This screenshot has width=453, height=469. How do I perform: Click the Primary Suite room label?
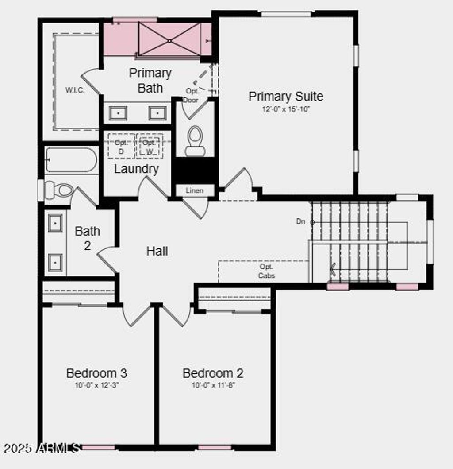click(286, 96)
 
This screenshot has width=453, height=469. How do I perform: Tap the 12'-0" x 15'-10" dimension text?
click(286, 109)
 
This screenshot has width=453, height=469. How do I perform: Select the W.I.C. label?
click(75, 90)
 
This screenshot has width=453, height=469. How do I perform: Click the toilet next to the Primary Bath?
click(195, 141)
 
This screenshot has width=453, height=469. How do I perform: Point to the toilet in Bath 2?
click(59, 190)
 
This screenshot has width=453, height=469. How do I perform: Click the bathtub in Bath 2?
click(71, 160)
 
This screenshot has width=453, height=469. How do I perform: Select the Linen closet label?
click(195, 190)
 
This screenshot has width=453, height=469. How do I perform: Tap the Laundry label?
click(136, 169)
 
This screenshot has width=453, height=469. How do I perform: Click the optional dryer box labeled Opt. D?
click(121, 146)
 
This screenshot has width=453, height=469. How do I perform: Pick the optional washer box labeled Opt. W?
click(150, 146)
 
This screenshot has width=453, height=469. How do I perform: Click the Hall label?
click(157, 251)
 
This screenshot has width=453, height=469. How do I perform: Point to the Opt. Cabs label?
click(267, 271)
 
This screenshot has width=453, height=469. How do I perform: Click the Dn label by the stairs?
click(301, 221)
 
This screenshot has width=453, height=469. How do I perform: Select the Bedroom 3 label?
click(97, 373)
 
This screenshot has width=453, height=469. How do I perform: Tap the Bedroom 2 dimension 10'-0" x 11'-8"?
click(213, 385)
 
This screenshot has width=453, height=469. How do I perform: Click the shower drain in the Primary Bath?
click(169, 41)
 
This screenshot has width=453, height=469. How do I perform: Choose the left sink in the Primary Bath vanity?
click(118, 113)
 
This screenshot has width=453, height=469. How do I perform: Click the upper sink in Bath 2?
click(55, 223)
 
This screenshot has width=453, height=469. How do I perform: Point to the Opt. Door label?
click(192, 95)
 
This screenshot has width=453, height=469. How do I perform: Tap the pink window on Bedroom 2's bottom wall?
click(215, 447)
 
